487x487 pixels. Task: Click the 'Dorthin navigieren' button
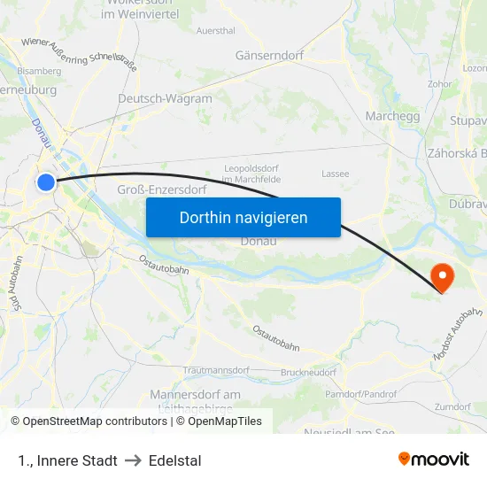click(243, 217)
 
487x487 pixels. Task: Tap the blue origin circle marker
click(46, 182)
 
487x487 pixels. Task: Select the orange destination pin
click(440, 275)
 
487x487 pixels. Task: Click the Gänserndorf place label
click(269, 55)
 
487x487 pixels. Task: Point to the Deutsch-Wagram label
click(165, 98)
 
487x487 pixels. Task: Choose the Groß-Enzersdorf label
click(162, 189)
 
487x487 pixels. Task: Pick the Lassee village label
click(336, 174)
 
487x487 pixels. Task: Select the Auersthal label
click(215, 30)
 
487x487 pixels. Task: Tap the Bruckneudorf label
click(308, 373)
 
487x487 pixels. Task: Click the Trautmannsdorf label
click(216, 370)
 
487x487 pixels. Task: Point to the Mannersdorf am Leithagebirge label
click(196, 400)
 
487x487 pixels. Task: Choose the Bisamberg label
click(39, 70)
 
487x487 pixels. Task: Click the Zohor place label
click(440, 84)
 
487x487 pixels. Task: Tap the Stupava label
click(468, 120)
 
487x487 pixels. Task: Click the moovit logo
click(433, 459)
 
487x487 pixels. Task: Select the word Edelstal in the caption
click(175, 460)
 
